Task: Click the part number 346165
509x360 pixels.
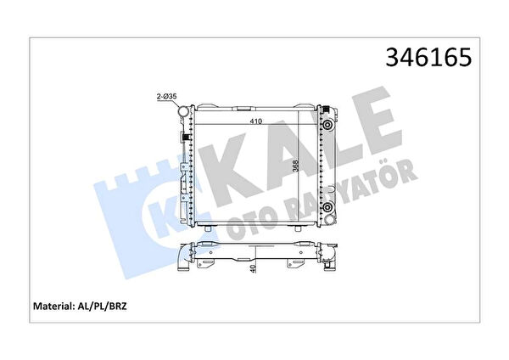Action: point(428,57)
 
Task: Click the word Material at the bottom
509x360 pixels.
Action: point(53,306)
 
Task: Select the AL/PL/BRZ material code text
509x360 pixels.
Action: point(101,306)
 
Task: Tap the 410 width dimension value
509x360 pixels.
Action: point(256,121)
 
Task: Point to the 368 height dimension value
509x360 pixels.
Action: point(295,166)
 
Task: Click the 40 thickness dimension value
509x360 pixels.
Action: point(254,268)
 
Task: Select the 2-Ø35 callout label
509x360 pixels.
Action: point(166,97)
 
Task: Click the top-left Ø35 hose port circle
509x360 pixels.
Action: point(184,111)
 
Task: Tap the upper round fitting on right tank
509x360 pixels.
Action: point(327,125)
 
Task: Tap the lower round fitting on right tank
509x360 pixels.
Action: point(327,206)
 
